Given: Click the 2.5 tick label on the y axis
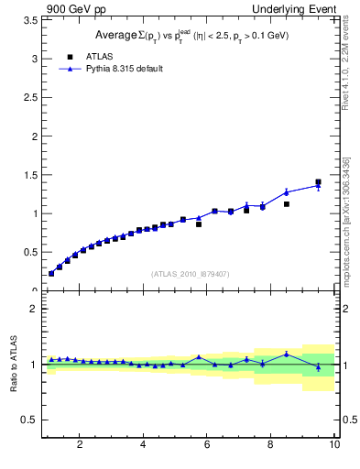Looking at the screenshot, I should tap(31, 97).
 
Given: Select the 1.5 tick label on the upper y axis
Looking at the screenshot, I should tap(31, 175).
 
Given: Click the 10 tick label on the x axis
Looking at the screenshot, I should tap(334, 445).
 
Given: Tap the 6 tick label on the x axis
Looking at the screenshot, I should tap(207, 445).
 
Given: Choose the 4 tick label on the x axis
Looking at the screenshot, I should tap(143, 445).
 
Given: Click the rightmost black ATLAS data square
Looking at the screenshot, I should tap(318, 182).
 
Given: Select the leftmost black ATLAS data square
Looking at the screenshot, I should tap(51, 273).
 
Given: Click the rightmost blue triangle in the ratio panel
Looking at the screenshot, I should tap(318, 367).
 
